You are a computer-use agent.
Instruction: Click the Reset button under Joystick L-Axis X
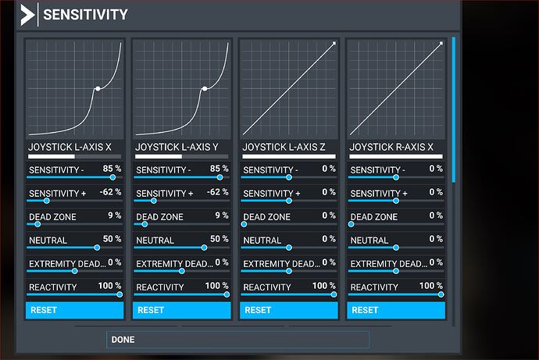tap(75, 310)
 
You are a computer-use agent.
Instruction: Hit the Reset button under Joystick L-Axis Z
tap(289, 310)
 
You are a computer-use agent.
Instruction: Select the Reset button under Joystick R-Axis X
tap(396, 310)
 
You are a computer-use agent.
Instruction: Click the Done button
tap(237, 340)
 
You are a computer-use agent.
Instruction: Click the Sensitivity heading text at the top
tap(85, 15)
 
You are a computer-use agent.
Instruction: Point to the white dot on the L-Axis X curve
tap(97, 88)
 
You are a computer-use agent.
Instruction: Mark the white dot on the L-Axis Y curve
tap(204, 88)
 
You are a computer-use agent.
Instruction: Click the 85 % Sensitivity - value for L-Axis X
tap(112, 169)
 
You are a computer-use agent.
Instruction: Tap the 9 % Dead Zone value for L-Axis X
tap(114, 216)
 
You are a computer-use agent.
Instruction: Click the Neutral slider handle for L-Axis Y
tap(204, 248)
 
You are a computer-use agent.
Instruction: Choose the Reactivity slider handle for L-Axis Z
tap(334, 294)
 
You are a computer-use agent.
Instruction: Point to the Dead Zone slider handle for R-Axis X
tap(352, 224)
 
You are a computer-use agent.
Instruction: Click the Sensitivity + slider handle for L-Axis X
tap(46, 201)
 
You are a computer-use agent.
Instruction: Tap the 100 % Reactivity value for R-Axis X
tap(431, 287)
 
